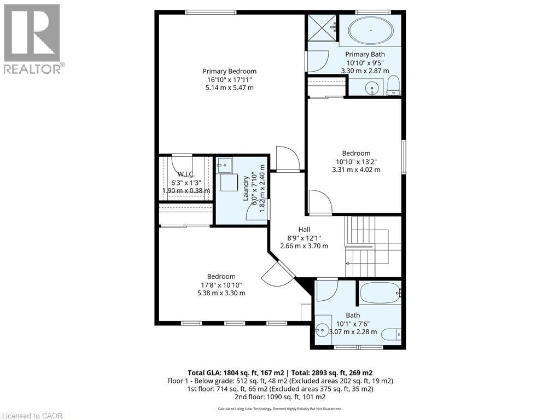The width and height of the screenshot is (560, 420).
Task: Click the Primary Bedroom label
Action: (x=229, y=71)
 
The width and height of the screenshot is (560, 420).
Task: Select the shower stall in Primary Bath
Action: (x=321, y=26)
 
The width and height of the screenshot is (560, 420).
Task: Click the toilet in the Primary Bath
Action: (x=393, y=86)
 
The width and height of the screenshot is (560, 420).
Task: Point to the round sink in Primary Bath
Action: (x=372, y=87)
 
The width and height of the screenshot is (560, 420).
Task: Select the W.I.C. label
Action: (x=186, y=174)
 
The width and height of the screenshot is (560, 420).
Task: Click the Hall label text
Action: (x=304, y=229)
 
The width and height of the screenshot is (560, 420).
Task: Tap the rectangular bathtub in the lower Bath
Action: (x=380, y=294)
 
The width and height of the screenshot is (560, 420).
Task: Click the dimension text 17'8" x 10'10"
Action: (x=221, y=285)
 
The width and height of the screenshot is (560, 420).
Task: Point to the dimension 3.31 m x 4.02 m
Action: (x=356, y=170)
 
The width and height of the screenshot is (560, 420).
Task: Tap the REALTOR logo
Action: (x=32, y=38)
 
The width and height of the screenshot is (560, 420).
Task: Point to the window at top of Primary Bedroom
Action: (x=211, y=12)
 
